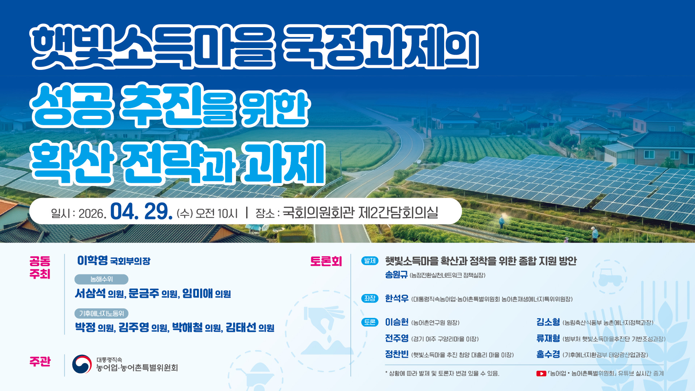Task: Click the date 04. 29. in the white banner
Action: click(141, 212)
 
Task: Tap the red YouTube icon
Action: click(541, 374)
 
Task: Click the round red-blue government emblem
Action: click(82, 364)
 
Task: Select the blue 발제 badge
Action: click(370, 261)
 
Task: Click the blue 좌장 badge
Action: click(370, 298)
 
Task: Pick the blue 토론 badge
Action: click(370, 322)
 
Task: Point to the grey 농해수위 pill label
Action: click(101, 279)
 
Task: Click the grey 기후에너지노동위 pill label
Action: click(101, 314)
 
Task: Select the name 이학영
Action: click(92, 260)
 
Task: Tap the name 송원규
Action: click(396, 275)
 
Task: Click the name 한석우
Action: click(397, 298)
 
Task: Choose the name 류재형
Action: click(548, 339)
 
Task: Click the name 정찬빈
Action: click(397, 354)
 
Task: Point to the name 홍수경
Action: click(548, 354)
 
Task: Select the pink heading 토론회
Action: click(326, 261)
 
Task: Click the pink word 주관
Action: click(40, 362)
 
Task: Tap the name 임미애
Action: click(197, 293)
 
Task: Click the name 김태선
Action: click(241, 327)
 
